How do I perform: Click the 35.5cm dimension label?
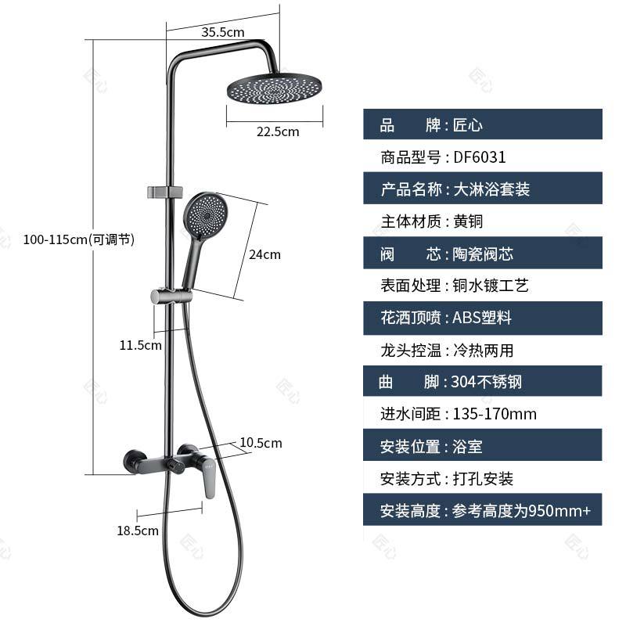[223, 32]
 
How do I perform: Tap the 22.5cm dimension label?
[278, 131]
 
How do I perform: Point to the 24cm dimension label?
[264, 254]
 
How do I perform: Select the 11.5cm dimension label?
[141, 344]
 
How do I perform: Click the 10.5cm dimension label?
[261, 443]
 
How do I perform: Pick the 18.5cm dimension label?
[138, 530]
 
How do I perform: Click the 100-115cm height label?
[79, 239]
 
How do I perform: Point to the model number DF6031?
[480, 156]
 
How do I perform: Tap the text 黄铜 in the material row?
[469, 221]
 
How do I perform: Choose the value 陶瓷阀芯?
[483, 254]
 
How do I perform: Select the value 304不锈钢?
[486, 382]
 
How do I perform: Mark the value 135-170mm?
[495, 414]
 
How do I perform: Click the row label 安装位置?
[409, 447]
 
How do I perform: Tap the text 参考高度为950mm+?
[522, 511]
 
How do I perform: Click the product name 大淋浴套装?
[491, 189]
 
